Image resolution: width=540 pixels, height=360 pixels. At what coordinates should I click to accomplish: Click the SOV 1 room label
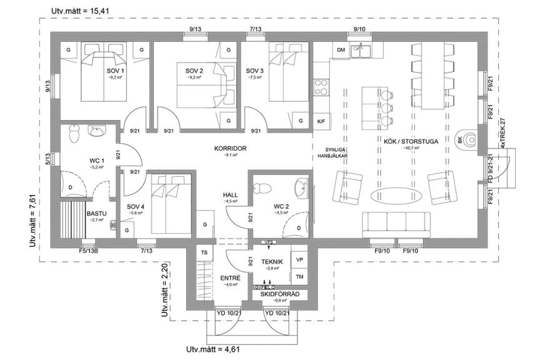point(116,71)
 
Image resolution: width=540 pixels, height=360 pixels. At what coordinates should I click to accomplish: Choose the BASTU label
point(96,213)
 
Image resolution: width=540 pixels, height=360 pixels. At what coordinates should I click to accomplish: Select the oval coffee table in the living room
point(392,195)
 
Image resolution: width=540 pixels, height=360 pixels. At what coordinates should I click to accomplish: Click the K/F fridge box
point(321,121)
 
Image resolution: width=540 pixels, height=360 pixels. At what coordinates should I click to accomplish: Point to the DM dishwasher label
point(341,49)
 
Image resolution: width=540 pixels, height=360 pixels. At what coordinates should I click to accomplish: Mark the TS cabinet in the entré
point(204,252)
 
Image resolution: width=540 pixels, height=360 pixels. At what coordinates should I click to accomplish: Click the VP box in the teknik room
point(299,259)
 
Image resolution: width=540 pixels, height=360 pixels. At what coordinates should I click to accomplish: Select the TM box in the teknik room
point(299,276)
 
